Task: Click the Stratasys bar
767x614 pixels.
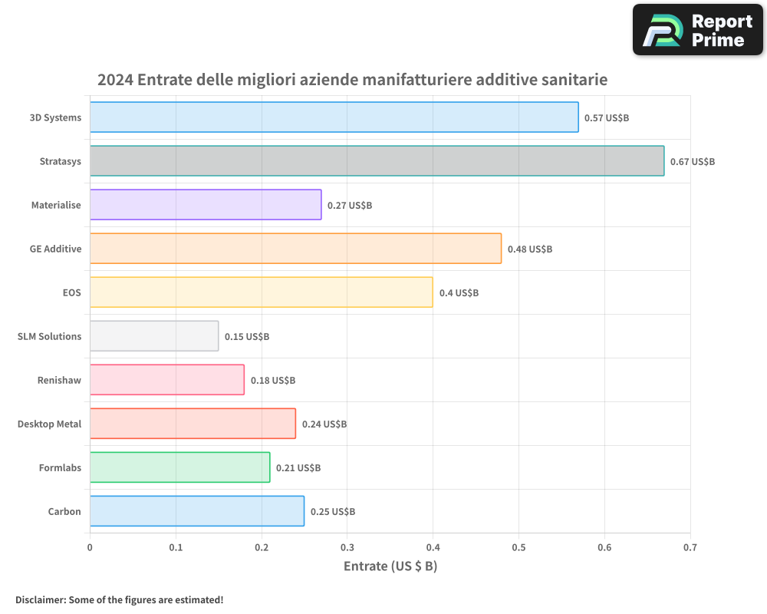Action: [x=377, y=161]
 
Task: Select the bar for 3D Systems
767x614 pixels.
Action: [x=334, y=117]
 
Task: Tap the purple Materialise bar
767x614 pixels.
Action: [x=206, y=205]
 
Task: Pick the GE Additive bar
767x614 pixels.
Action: [x=295, y=249]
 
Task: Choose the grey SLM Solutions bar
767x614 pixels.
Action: [x=154, y=336]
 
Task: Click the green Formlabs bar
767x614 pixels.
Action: [x=179, y=467]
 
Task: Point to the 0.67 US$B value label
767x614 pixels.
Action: [x=692, y=162]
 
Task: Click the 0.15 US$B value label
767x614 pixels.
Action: [x=246, y=337]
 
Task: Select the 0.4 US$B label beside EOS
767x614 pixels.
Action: [x=459, y=293]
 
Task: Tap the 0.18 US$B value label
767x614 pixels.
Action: [x=272, y=381]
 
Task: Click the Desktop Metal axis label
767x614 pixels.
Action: [x=49, y=424]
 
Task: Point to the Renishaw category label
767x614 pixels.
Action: [x=59, y=381]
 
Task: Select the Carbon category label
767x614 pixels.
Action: [x=64, y=512]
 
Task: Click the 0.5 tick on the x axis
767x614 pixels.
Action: [x=518, y=547]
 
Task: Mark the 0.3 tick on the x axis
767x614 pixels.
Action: [x=347, y=547]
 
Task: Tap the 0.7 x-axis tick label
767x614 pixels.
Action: [x=690, y=547]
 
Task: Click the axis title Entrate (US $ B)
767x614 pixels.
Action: [x=390, y=566]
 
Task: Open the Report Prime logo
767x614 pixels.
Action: [x=698, y=30]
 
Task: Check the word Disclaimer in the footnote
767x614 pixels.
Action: [x=40, y=600]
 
